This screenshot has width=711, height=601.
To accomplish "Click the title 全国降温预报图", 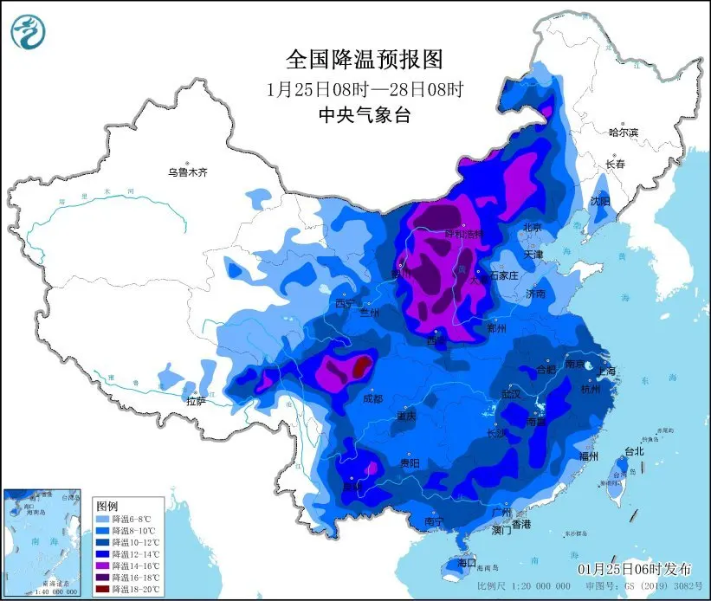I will point(364,59).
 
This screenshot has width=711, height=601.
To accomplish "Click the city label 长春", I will point(615,164).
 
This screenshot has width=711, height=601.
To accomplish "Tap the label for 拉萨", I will point(196,401).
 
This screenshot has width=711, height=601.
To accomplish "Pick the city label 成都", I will point(372,399).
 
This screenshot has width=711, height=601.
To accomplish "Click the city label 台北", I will point(634,451).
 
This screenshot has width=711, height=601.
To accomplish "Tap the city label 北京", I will point(531,228).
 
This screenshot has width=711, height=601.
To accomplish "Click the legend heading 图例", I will point(107,505).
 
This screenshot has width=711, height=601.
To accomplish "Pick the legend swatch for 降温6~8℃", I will point(105,518).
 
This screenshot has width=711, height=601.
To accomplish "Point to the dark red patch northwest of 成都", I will point(361,365).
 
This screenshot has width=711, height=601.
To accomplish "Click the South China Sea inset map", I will point(43,541).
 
